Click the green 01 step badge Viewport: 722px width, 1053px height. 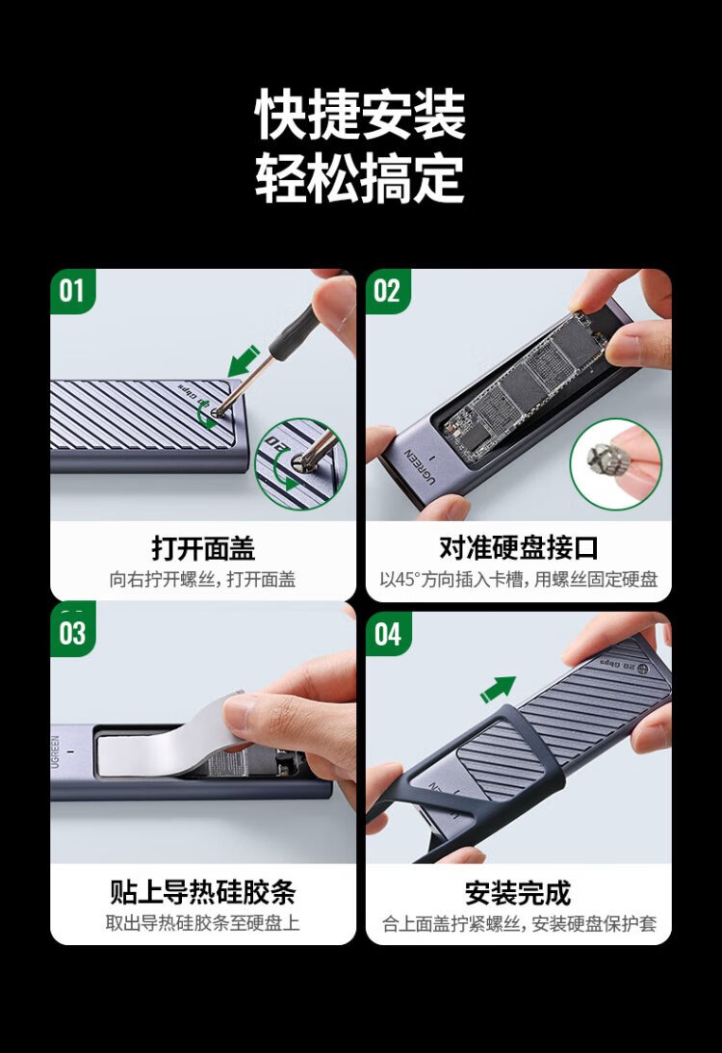72,292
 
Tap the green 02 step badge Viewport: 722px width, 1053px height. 388,292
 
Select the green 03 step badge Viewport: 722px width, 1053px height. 72,632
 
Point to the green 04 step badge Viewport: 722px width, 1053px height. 388,634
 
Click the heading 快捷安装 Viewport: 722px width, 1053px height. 360,115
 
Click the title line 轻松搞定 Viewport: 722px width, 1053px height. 360,178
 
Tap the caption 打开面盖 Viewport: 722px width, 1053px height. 203,548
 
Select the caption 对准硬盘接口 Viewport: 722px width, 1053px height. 519,548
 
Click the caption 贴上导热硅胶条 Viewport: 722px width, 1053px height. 203,892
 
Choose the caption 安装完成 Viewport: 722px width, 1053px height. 519,893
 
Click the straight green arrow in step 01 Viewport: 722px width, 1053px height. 244,361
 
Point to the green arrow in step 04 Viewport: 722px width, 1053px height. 498,690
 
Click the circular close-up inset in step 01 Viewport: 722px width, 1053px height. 301,464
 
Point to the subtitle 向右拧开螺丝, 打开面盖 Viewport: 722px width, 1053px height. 203,579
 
